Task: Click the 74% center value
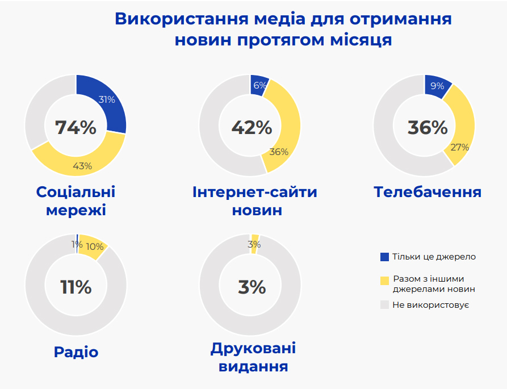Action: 76,127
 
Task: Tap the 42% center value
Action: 252,127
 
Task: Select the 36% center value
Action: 428,127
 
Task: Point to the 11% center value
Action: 76,287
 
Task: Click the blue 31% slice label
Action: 107,99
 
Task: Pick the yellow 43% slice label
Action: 82,166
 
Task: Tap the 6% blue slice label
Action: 260,85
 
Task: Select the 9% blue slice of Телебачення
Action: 437,86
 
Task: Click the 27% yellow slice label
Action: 459,147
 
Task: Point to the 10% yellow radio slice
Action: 94,246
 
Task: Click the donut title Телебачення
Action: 428,192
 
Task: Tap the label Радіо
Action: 76,352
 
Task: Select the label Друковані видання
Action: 253,357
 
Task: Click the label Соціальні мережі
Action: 76,200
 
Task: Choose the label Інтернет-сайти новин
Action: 255,200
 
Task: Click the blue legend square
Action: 384,257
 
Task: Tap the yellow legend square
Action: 384,279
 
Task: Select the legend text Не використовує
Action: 430,305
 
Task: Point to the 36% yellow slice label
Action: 279,152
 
